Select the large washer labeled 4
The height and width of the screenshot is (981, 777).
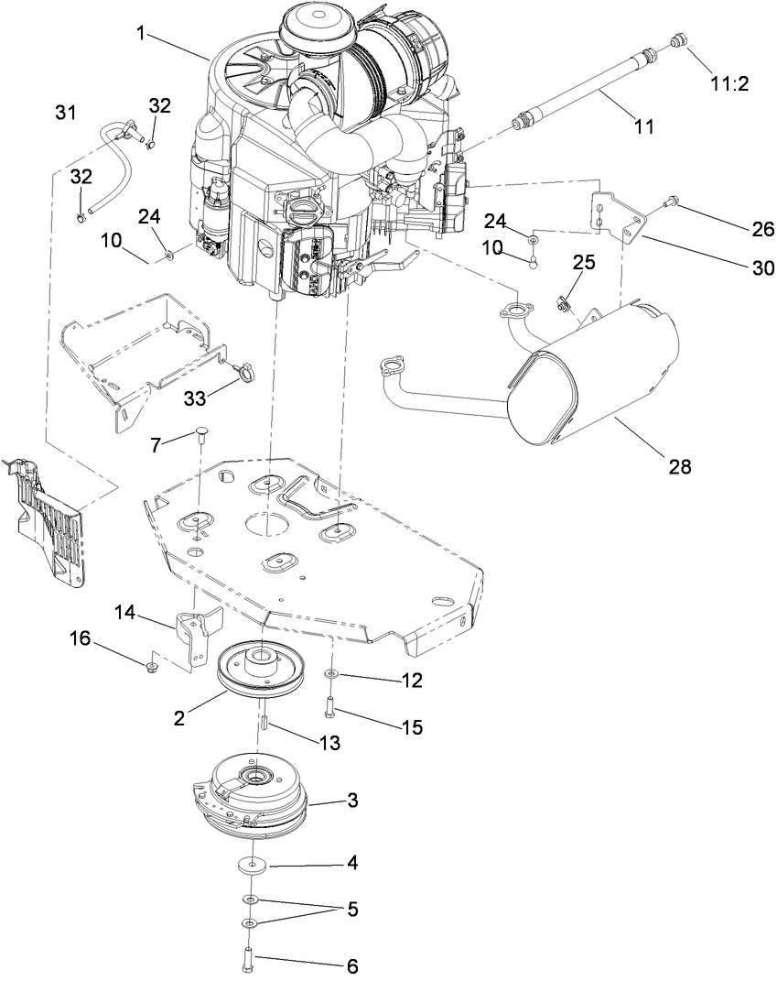252,863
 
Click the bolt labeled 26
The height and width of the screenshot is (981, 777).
670,199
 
